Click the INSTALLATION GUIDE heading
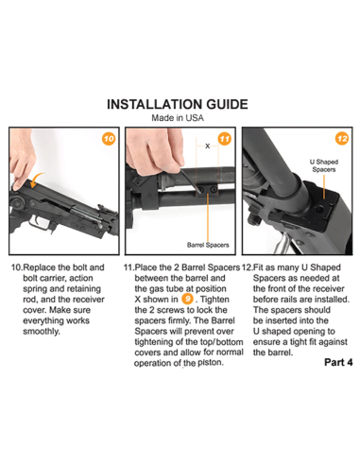pyautogui.click(x=178, y=104)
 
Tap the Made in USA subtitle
pyautogui.click(x=178, y=118)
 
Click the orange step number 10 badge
pyautogui.click(x=109, y=139)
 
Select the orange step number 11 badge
pyautogui.click(x=224, y=139)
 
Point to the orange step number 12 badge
pyautogui.click(x=342, y=139)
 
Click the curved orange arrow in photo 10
pyautogui.click(x=36, y=180)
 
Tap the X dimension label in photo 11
pyautogui.click(x=208, y=146)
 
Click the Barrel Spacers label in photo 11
pyautogui.click(x=208, y=245)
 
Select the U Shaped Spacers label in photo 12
pyautogui.click(x=324, y=165)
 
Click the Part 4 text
pyautogui.click(x=338, y=362)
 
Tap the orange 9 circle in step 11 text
pyautogui.click(x=187, y=299)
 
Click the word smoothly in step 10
pyautogui.click(x=42, y=332)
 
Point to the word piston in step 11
pyautogui.click(x=211, y=363)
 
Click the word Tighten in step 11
pyautogui.click(x=214, y=300)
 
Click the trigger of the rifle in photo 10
pyautogui.click(x=40, y=221)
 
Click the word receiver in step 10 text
pyautogui.click(x=87, y=300)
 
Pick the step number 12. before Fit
pyautogui.click(x=247, y=267)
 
